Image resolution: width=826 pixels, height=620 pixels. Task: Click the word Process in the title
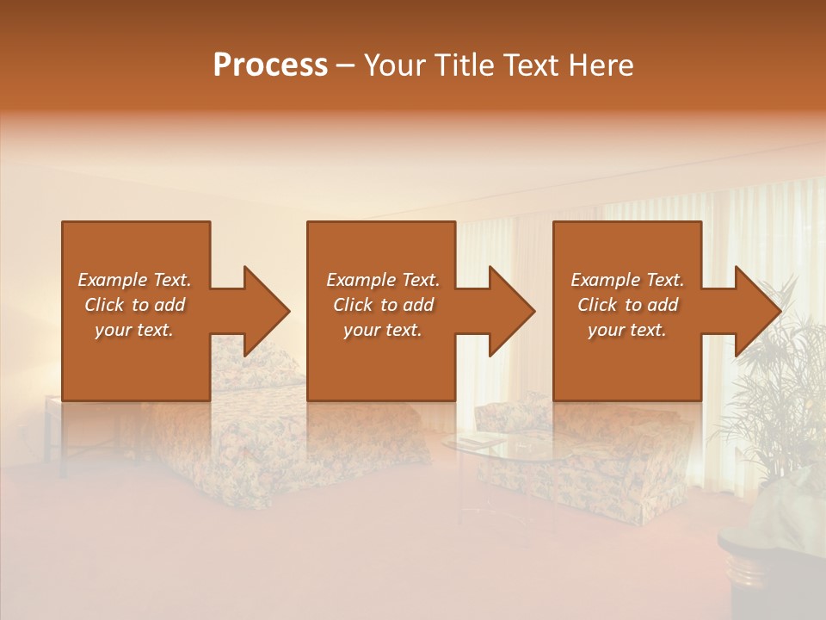click(270, 65)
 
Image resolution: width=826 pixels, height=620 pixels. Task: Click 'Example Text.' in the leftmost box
click(134, 280)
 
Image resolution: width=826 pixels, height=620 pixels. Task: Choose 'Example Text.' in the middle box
click(382, 280)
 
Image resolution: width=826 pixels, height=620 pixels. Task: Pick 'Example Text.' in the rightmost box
click(627, 280)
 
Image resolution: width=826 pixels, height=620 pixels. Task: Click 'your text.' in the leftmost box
click(134, 330)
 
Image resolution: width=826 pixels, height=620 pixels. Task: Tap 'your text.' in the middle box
click(382, 330)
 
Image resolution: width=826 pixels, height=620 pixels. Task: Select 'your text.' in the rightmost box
click(627, 330)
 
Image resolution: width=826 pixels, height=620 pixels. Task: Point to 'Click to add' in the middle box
click(382, 305)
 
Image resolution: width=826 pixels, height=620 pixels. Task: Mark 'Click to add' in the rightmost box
click(627, 305)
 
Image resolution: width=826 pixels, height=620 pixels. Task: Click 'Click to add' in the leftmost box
click(134, 305)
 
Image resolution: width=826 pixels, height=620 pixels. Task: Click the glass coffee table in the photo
click(499, 448)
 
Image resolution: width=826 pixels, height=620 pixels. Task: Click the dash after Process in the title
click(346, 66)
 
